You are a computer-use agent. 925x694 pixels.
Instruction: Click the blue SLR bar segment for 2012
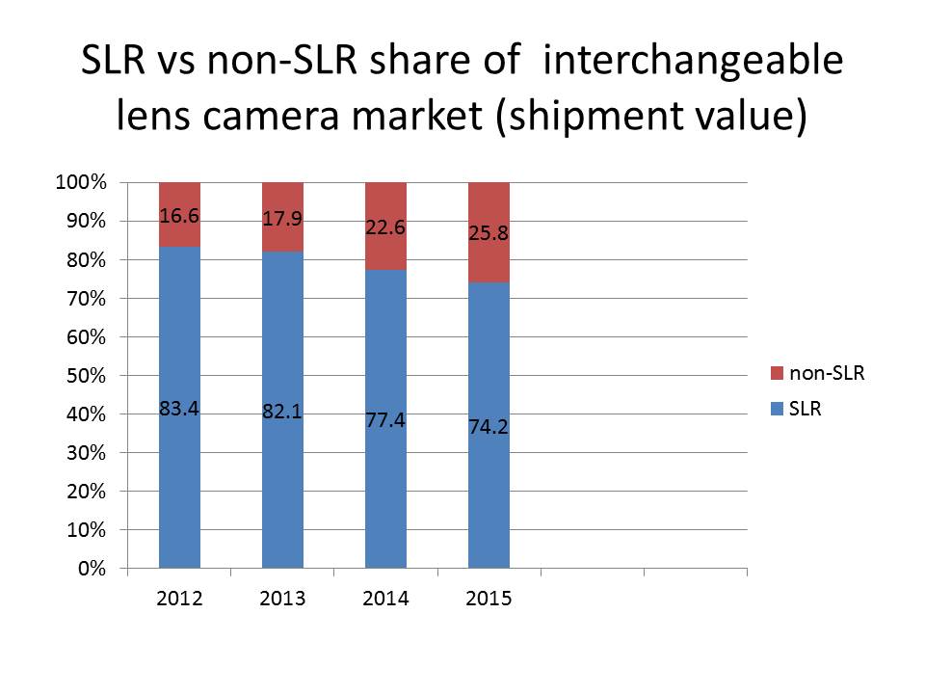pyautogui.click(x=179, y=482)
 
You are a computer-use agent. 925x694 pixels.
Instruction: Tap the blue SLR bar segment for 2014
pyautogui.click(x=385, y=482)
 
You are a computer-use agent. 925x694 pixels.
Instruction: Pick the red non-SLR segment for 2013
pyautogui.click(x=282, y=241)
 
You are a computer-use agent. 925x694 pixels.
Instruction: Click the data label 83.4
pyautogui.click(x=179, y=410)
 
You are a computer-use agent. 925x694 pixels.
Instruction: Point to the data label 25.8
pyautogui.click(x=489, y=232)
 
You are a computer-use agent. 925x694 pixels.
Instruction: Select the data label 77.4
pyautogui.click(x=385, y=421)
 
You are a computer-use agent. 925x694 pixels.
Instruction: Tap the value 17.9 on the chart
pyautogui.click(x=282, y=219)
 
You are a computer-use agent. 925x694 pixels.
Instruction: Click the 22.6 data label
pyautogui.click(x=385, y=227)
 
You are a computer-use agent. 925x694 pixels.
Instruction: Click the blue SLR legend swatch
pyautogui.click(x=778, y=410)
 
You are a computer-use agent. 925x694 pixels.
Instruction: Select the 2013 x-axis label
pyautogui.click(x=282, y=599)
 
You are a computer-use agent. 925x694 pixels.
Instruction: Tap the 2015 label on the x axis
pyautogui.click(x=489, y=599)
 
